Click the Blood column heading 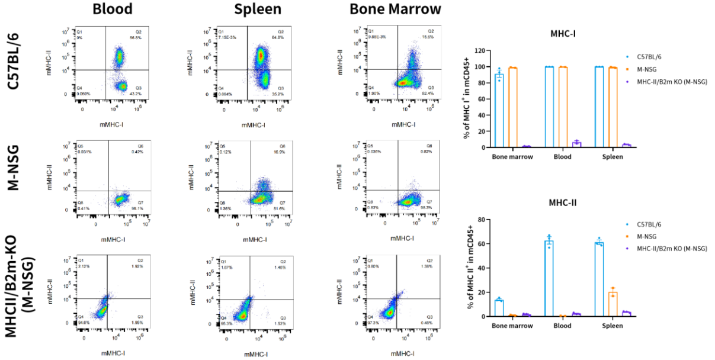(113, 9)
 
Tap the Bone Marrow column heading (395, 9)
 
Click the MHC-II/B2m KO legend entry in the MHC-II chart (672, 248)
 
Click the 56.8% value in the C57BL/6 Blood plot (134, 37)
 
